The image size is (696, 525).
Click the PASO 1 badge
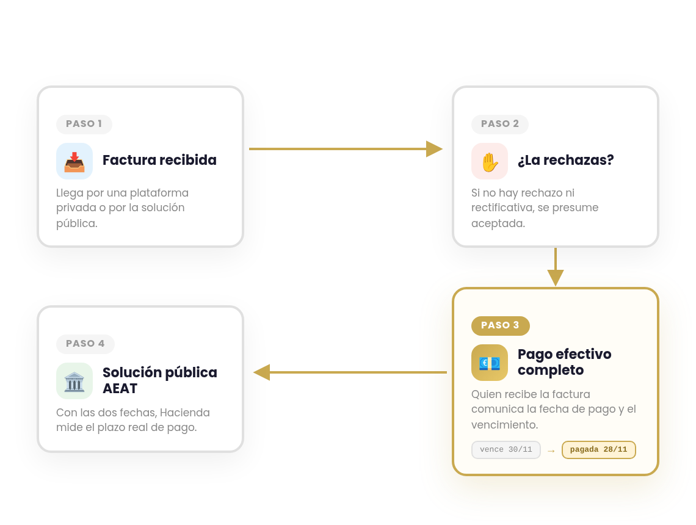point(84,124)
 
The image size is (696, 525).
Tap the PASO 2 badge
point(500,124)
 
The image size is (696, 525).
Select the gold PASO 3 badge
point(500,325)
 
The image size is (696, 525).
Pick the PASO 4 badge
point(85,344)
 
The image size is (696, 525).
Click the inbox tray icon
point(74,161)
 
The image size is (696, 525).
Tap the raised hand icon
point(490,161)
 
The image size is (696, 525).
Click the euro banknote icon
point(490,362)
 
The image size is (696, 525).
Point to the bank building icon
point(74,381)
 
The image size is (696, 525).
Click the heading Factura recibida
point(159,160)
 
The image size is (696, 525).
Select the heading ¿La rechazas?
point(565,160)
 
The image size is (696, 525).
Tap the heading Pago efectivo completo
point(564,362)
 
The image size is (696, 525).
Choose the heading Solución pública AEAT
point(160,380)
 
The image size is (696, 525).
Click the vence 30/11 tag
point(506,449)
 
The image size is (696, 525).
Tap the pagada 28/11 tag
point(599,449)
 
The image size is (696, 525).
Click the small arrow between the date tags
point(551,451)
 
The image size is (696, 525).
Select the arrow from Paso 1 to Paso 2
point(346,149)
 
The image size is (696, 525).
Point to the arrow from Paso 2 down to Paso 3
point(556,267)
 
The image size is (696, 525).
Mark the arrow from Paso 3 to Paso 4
point(350,372)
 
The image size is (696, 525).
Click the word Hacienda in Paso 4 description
point(184,412)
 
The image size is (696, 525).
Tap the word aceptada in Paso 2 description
point(498,223)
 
